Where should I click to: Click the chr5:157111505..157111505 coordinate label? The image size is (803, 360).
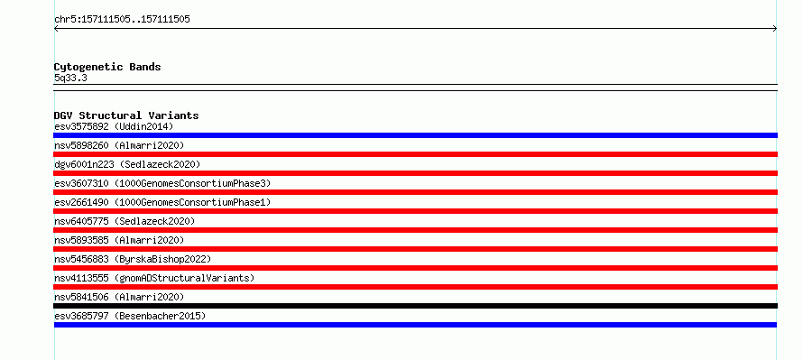click(x=122, y=20)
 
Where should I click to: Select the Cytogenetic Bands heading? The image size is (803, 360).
click(x=107, y=67)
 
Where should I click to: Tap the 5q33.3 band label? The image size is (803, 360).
click(x=70, y=78)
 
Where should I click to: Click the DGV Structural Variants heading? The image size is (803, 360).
click(x=126, y=115)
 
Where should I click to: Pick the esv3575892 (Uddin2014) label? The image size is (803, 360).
click(x=114, y=126)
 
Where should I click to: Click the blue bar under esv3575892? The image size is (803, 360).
click(x=415, y=135)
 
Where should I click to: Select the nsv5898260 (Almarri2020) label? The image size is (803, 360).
click(x=119, y=146)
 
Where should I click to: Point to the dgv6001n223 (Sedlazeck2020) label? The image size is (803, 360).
click(x=127, y=165)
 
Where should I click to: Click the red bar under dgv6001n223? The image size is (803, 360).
click(x=415, y=173)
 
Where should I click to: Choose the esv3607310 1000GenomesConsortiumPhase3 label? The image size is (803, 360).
click(x=162, y=184)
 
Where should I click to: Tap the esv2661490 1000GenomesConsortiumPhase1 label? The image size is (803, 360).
click(x=162, y=203)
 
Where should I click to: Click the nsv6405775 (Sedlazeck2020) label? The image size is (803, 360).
click(x=125, y=222)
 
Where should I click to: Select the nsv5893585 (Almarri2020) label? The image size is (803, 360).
click(x=119, y=241)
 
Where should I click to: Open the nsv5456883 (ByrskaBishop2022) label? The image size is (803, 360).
click(x=133, y=260)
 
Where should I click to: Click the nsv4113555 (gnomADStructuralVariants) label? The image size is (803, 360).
click(x=154, y=279)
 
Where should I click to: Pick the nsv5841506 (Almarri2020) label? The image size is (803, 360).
click(x=119, y=298)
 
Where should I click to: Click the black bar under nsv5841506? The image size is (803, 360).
click(x=415, y=306)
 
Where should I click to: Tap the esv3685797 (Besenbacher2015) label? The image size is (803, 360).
click(x=130, y=317)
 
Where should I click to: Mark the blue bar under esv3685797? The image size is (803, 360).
click(x=415, y=325)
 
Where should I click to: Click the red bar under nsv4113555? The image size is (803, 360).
click(x=415, y=287)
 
